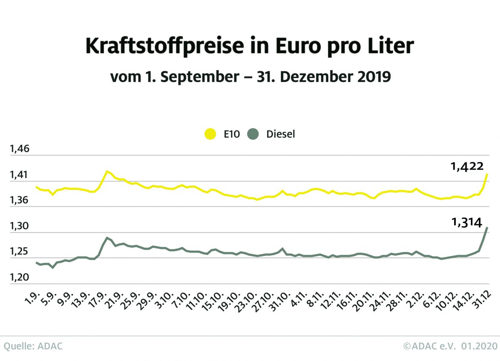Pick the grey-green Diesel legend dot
point(253,134)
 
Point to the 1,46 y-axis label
point(17,149)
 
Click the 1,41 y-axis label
point(17,175)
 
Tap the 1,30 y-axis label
point(17,226)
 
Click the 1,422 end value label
point(467,167)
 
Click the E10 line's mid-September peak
point(107,171)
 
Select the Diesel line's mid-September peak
point(107,238)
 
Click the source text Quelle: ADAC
point(33,346)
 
